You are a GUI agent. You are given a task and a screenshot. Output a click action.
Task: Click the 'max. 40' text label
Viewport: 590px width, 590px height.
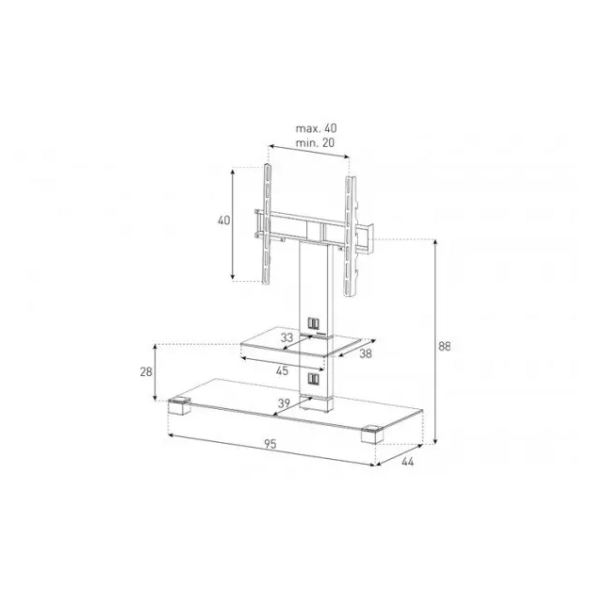pos(316,128)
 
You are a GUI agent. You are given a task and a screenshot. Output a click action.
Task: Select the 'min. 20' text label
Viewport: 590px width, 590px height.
pos(315,143)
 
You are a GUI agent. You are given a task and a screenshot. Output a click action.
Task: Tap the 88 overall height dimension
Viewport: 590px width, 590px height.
pos(444,346)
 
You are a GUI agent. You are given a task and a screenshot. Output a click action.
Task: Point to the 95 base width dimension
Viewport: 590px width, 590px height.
pos(270,444)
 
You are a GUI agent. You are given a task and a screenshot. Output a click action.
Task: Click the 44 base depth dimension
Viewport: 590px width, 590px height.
pos(407,462)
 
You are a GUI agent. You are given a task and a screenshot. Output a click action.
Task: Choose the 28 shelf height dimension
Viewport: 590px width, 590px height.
pos(146,371)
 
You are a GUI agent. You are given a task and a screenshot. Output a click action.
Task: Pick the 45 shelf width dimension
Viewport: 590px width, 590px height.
pos(282,370)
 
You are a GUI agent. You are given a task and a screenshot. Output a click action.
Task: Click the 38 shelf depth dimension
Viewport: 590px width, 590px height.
pos(366,353)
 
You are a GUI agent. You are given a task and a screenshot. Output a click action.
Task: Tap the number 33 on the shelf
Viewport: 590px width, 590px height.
pos(287,337)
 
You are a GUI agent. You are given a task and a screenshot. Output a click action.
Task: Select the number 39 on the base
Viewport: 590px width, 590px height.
pos(284,403)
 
